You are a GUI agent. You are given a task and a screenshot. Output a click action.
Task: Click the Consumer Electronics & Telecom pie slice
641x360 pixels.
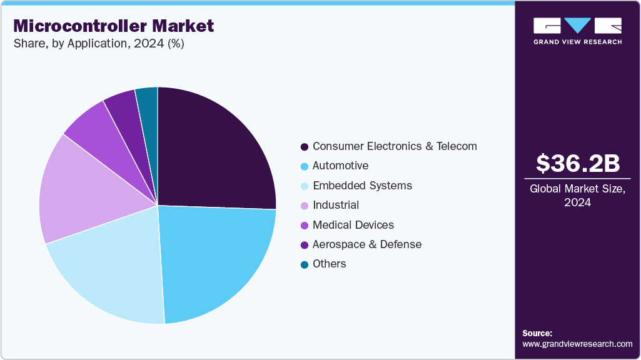tap(213, 150)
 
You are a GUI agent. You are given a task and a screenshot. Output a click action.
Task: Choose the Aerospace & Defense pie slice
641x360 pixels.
tap(122, 103)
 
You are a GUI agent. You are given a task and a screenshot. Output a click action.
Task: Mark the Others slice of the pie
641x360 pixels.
tap(148, 99)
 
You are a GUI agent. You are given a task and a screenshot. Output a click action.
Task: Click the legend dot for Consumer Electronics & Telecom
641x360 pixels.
tap(305, 147)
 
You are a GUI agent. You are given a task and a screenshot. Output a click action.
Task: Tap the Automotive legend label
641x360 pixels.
tap(340, 166)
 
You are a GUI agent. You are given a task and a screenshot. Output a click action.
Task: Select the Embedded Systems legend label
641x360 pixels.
tap(362, 186)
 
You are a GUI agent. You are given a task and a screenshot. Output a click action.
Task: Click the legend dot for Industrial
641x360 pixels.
tap(305, 206)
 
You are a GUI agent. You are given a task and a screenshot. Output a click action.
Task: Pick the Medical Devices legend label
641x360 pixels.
tap(353, 225)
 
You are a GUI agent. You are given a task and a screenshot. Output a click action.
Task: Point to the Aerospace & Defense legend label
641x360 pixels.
tap(367, 244)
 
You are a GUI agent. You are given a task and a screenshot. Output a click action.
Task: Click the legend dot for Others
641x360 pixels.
tap(305, 264)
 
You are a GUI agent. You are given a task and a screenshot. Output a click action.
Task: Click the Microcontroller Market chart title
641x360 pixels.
tap(113, 26)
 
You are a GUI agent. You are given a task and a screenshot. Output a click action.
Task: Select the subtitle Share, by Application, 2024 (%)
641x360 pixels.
tap(98, 44)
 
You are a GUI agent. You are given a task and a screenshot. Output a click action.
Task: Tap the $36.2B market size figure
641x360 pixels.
tap(578, 163)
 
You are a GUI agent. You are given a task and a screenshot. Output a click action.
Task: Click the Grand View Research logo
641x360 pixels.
tap(578, 31)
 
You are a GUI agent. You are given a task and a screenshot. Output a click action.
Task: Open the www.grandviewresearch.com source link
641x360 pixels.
tap(577, 344)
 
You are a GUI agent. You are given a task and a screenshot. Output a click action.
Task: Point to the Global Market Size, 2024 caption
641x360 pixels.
tap(578, 195)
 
